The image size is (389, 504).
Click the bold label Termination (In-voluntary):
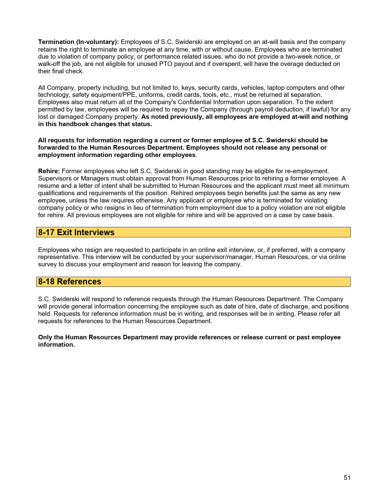78,42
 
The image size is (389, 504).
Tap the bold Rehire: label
49,171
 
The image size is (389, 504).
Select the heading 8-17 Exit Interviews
76,232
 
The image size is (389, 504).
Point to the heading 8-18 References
70,282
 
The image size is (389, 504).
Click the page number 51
347,478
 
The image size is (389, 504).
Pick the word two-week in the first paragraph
298,57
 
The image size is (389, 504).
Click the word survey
47,264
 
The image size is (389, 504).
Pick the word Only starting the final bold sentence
45,337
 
